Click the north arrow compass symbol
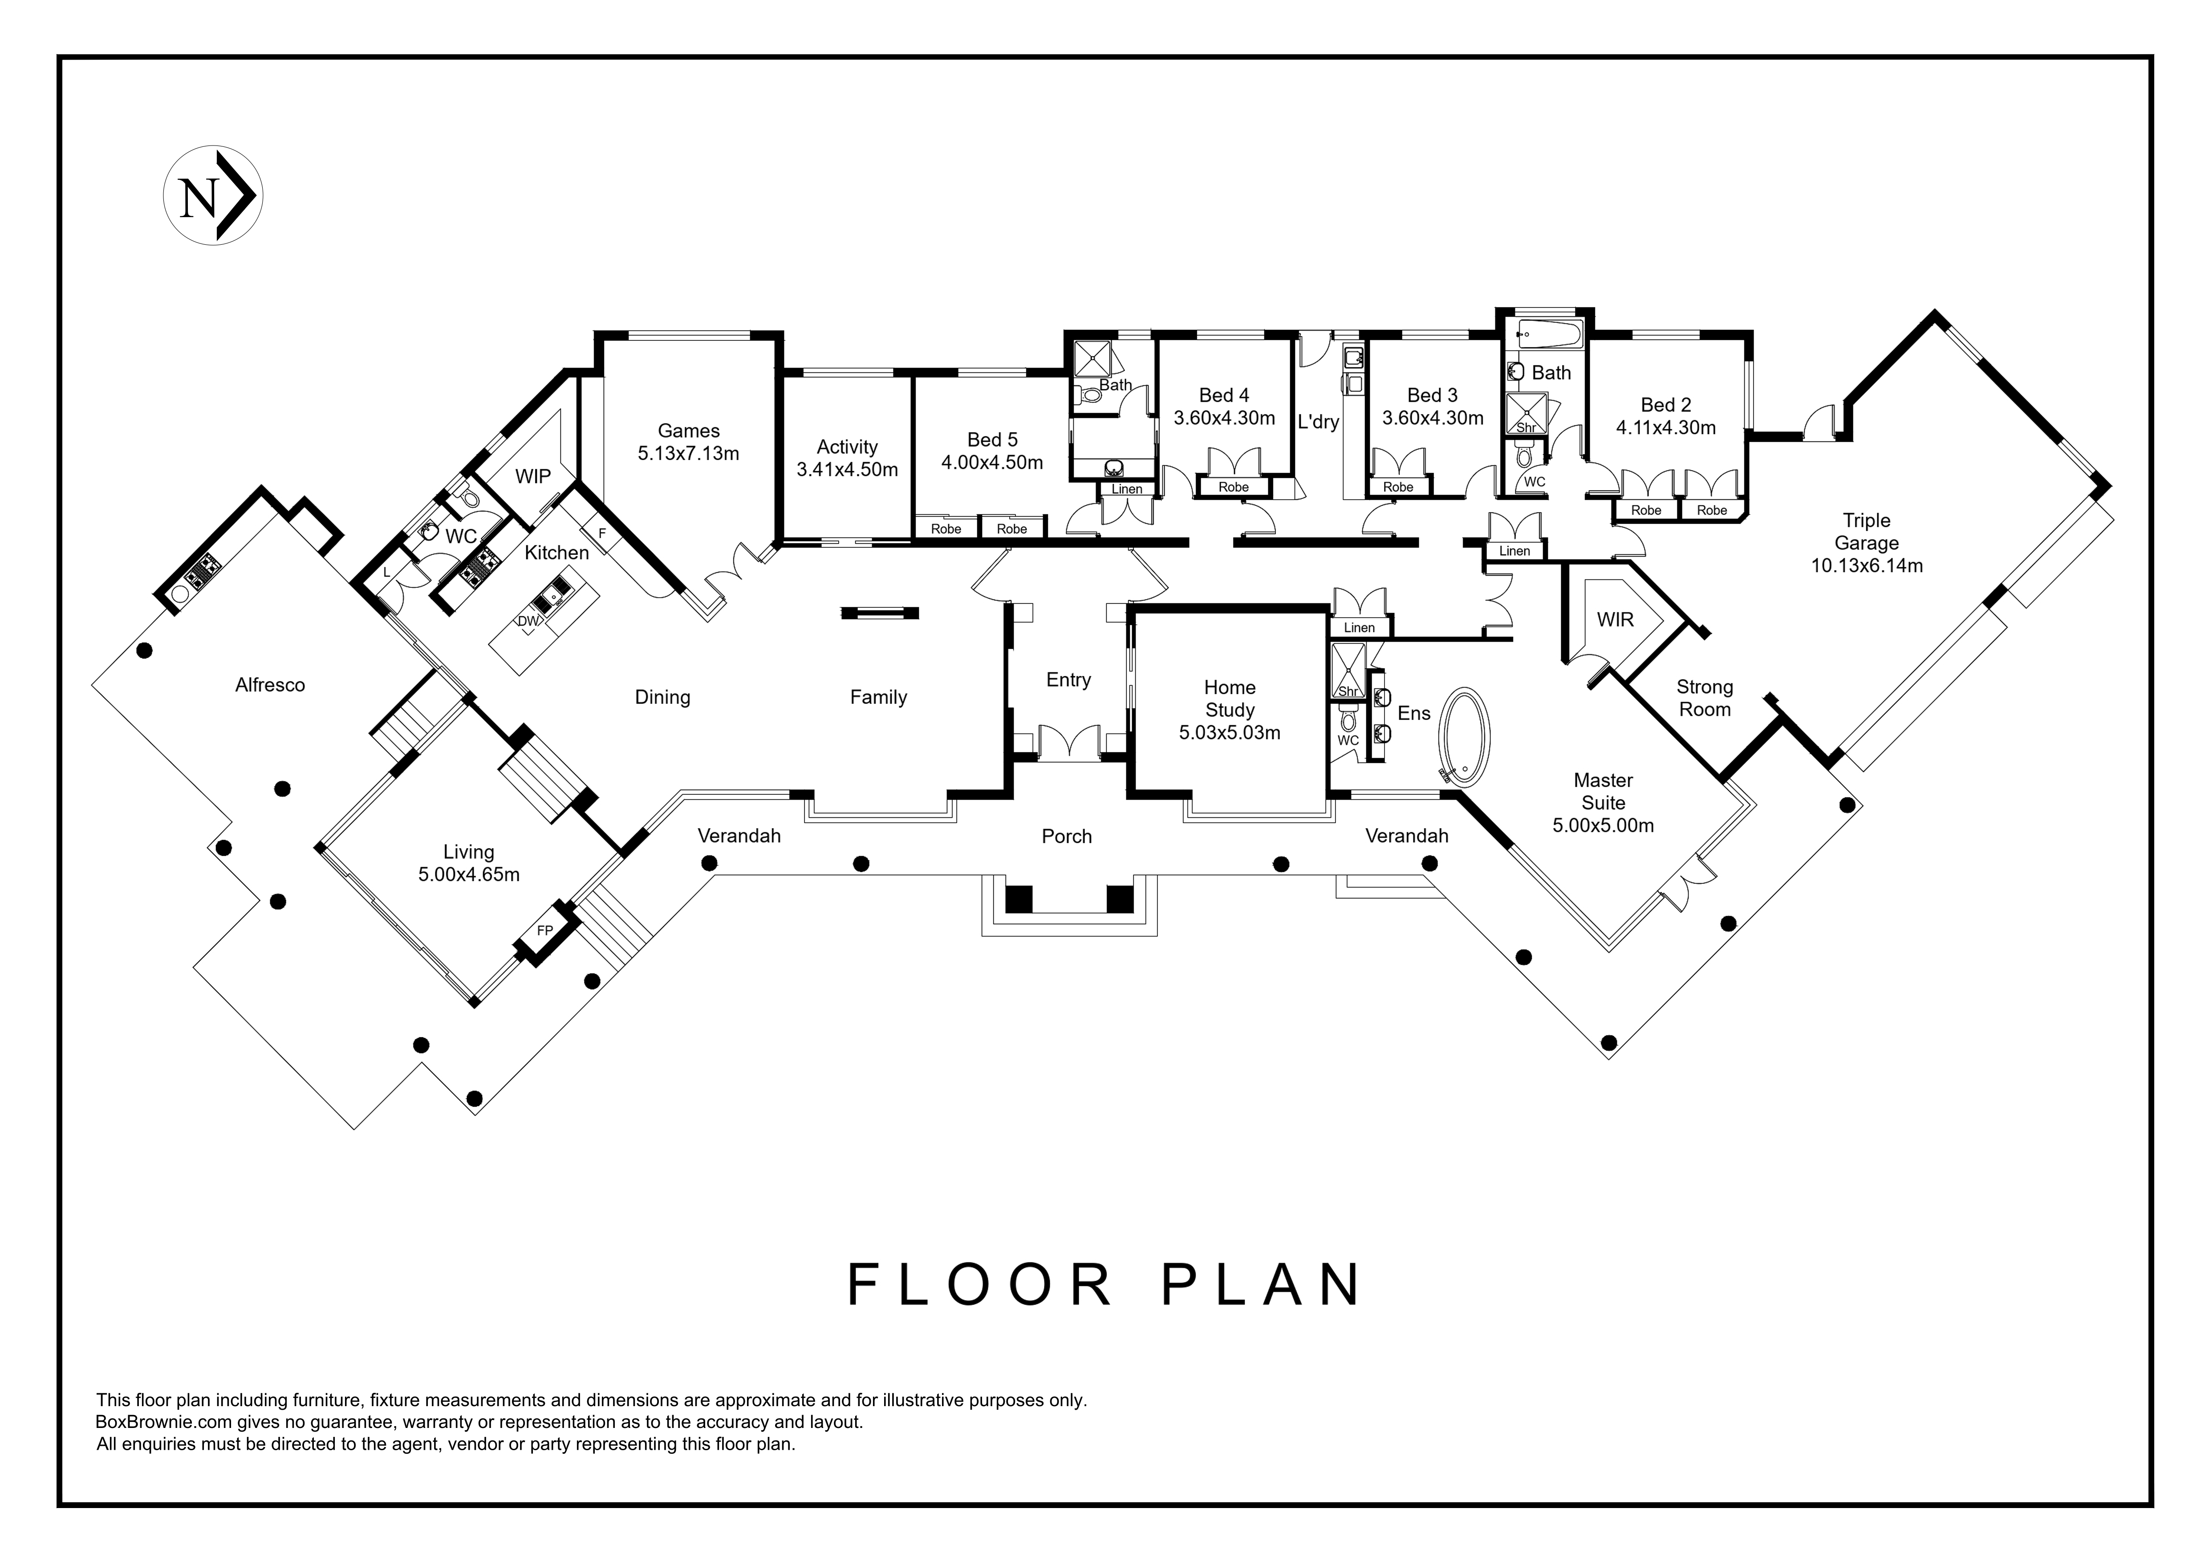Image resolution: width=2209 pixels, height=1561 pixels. pos(213,196)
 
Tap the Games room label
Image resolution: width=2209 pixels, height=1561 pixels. pos(689,431)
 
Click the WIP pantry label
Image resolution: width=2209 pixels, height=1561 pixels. pos(533,476)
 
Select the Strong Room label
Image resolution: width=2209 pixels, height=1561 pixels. pos(1705,698)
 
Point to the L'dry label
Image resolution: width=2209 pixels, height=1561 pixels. pos(1318,421)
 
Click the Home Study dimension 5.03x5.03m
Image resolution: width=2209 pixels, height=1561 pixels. pos(1230,733)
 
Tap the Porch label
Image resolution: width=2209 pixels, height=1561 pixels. pos(1067,837)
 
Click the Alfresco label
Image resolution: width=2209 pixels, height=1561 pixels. pos(270,685)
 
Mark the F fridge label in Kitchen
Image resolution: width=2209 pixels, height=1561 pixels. pos(602,533)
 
